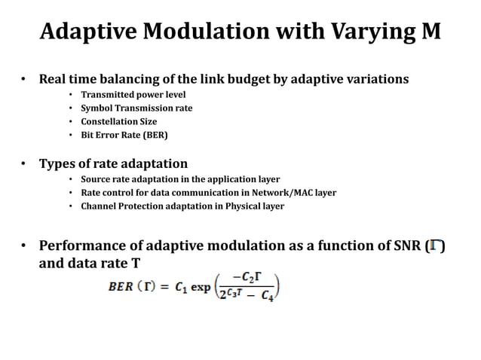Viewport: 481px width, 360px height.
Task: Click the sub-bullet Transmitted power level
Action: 133,94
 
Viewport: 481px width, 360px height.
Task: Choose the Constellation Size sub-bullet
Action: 120,121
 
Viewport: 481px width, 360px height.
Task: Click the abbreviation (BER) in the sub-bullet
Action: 154,135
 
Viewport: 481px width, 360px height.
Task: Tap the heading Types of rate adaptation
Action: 113,163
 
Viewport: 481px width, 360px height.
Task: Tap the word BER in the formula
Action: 121,287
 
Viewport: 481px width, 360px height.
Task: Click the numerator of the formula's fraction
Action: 248,278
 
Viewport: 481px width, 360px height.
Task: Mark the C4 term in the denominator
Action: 268,296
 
